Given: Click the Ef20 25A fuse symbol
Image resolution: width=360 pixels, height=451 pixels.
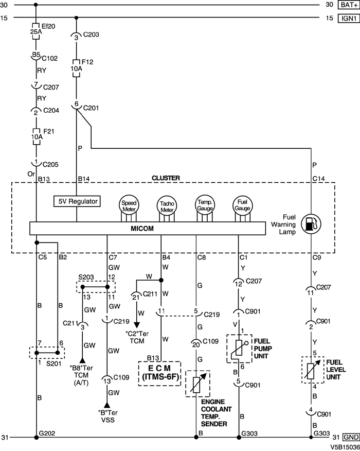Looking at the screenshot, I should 36,29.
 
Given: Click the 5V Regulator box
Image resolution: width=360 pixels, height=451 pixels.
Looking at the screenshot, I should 77,201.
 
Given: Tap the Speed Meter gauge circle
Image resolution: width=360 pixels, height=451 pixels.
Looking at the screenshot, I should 129,204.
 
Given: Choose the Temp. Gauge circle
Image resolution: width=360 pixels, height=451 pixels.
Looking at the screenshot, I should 204,204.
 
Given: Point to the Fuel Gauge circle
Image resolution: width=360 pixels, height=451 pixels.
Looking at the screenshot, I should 241,204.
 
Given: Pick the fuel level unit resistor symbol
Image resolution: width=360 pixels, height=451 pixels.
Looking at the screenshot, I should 312,369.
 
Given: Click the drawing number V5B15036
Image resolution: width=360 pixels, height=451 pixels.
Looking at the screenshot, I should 344,447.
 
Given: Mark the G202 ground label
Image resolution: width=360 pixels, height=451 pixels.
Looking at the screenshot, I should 47,433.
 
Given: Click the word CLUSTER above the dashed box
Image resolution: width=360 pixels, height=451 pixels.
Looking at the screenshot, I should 165,178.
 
